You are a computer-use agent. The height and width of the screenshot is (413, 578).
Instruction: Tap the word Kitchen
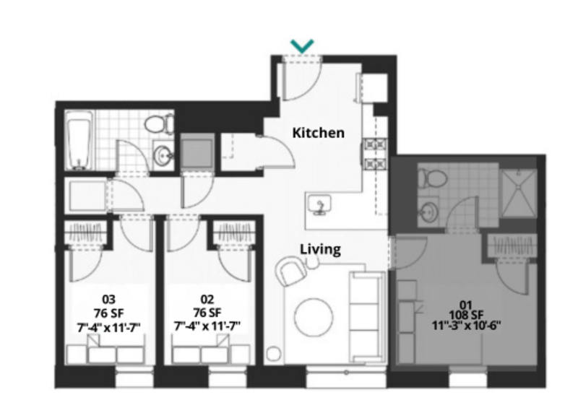tap(318, 133)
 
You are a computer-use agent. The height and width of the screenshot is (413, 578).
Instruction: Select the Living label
tap(320, 250)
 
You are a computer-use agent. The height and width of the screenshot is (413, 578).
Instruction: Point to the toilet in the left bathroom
tap(159, 124)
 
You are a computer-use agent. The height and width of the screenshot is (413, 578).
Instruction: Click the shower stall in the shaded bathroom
tap(519, 191)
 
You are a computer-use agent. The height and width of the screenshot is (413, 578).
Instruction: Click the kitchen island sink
tap(319, 206)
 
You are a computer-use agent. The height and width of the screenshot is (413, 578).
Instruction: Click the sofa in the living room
tap(366, 313)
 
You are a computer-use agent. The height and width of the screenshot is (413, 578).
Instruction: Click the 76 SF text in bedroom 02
tap(207, 313)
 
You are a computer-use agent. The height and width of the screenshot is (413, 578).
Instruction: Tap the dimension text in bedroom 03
tap(108, 326)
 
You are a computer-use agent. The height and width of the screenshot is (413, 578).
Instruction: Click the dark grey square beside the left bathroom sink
tap(195, 152)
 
